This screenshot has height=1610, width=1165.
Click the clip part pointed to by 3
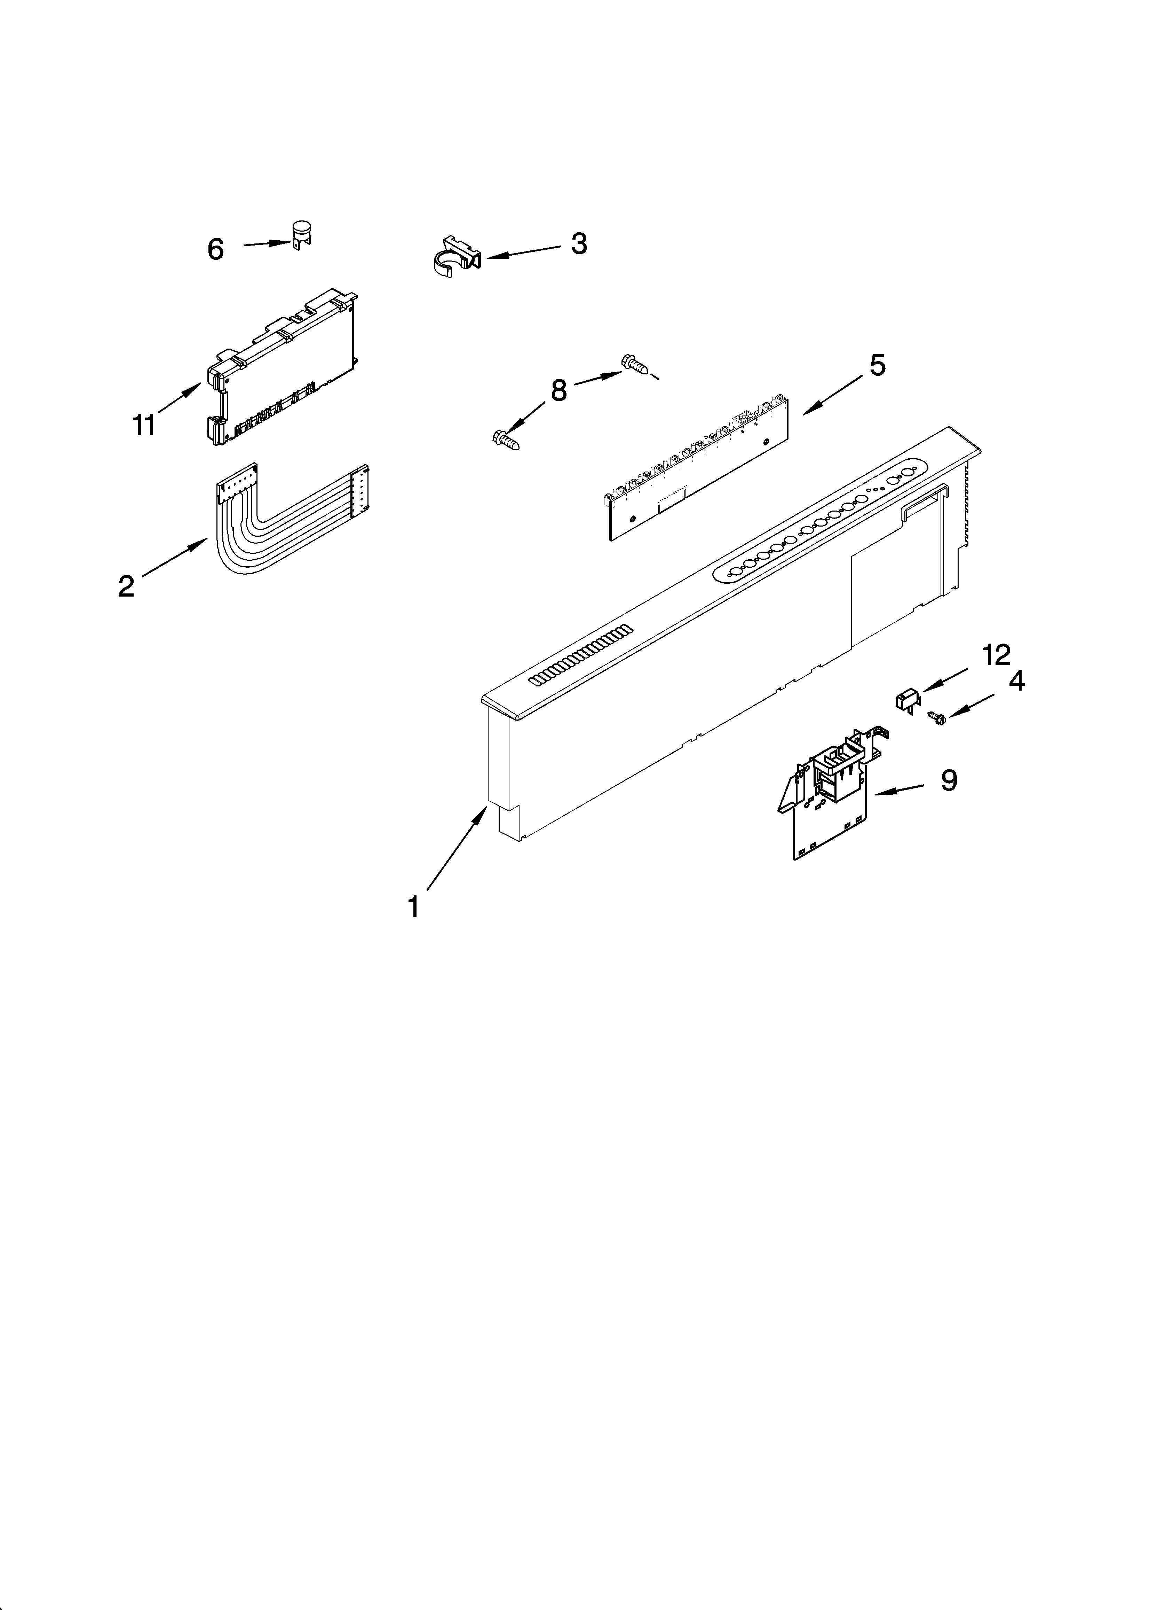click(x=455, y=256)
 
